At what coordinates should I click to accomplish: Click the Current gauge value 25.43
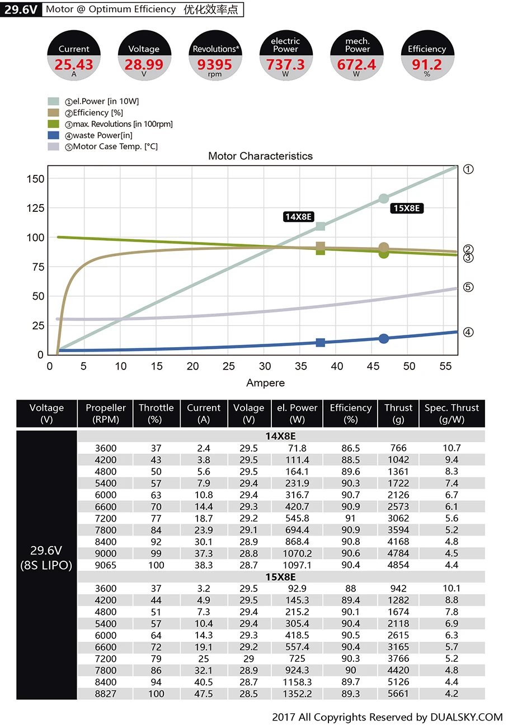[x=74, y=65]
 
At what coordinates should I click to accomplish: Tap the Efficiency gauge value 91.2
[x=427, y=65]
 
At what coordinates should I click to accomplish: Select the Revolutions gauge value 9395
[x=215, y=65]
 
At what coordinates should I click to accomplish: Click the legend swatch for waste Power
[x=53, y=135]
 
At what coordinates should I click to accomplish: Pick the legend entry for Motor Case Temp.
[x=115, y=146]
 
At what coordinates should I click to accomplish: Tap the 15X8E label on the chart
[x=406, y=209]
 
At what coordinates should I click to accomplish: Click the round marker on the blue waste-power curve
[x=384, y=339]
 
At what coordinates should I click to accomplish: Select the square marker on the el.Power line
[x=321, y=226]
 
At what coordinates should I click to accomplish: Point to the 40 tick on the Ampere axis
[x=337, y=366]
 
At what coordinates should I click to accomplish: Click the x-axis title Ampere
[x=265, y=383]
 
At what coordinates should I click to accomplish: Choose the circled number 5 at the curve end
[x=469, y=287]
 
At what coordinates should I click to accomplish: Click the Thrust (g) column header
[x=398, y=414]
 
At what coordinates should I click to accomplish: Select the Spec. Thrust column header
[x=451, y=414]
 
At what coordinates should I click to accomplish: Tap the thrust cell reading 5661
[x=398, y=694]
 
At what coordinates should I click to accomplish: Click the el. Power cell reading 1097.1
[x=297, y=565]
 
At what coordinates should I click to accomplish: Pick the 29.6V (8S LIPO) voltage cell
[x=46, y=558]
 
